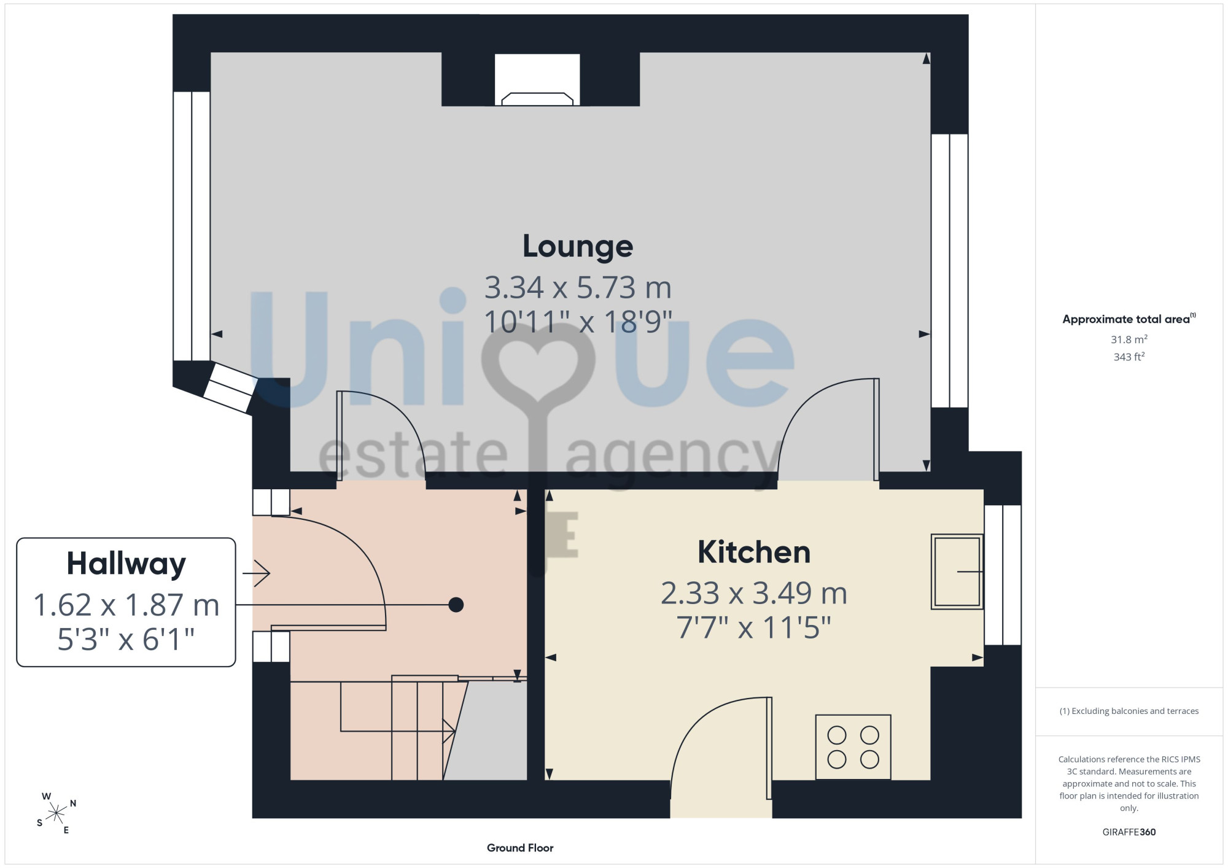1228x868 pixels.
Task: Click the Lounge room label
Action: pyautogui.click(x=578, y=247)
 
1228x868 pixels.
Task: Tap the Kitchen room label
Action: pyautogui.click(x=754, y=552)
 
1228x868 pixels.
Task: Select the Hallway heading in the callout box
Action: pyautogui.click(x=126, y=564)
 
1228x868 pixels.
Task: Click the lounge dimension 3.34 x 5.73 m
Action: pyautogui.click(x=578, y=287)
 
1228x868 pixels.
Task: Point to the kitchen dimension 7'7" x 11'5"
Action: pyautogui.click(x=754, y=627)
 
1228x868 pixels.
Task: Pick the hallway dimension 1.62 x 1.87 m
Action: pyautogui.click(x=126, y=605)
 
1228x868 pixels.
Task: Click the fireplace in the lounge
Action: pyautogui.click(x=537, y=80)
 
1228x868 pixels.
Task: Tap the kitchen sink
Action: pyautogui.click(x=957, y=572)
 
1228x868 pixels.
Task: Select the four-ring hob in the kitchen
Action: pyautogui.click(x=853, y=747)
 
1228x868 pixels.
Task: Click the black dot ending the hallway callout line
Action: pyautogui.click(x=456, y=605)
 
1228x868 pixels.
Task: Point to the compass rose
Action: pyautogui.click(x=56, y=813)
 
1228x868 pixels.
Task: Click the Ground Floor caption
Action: pyautogui.click(x=520, y=848)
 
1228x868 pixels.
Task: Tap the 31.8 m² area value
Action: pyautogui.click(x=1129, y=339)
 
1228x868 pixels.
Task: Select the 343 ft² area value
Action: pyautogui.click(x=1129, y=356)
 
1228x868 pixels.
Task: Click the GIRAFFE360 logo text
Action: pyautogui.click(x=1129, y=832)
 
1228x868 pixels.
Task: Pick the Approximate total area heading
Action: pyautogui.click(x=1129, y=319)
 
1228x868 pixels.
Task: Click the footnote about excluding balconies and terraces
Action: pyautogui.click(x=1129, y=711)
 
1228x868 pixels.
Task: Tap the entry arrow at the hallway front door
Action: pyautogui.click(x=257, y=573)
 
